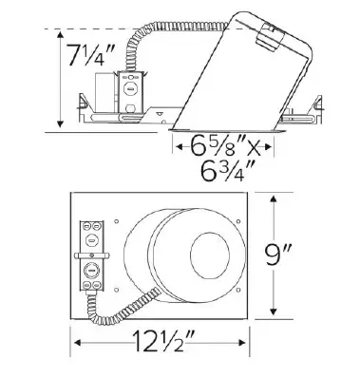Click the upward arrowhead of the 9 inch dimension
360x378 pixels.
275,199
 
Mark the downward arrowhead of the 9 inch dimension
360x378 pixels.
275,314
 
